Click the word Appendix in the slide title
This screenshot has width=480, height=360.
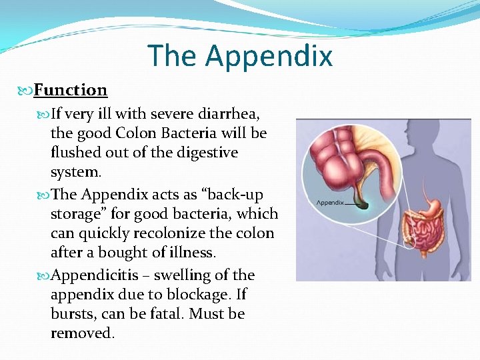(269, 55)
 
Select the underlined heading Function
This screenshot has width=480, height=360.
(70, 90)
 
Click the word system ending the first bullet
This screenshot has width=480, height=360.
(75, 172)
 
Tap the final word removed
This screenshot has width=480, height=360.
(81, 333)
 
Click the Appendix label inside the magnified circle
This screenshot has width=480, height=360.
(329, 203)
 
